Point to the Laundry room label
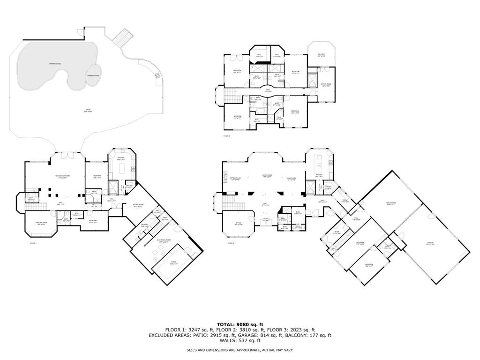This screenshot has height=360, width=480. (x=144, y=225)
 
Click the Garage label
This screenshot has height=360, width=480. (x=430, y=243)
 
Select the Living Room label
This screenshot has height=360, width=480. (x=267, y=176)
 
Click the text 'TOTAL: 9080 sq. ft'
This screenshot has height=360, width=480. (x=240, y=324)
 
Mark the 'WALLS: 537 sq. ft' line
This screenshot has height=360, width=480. (x=240, y=340)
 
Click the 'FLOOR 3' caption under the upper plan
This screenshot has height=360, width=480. (x=227, y=136)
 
